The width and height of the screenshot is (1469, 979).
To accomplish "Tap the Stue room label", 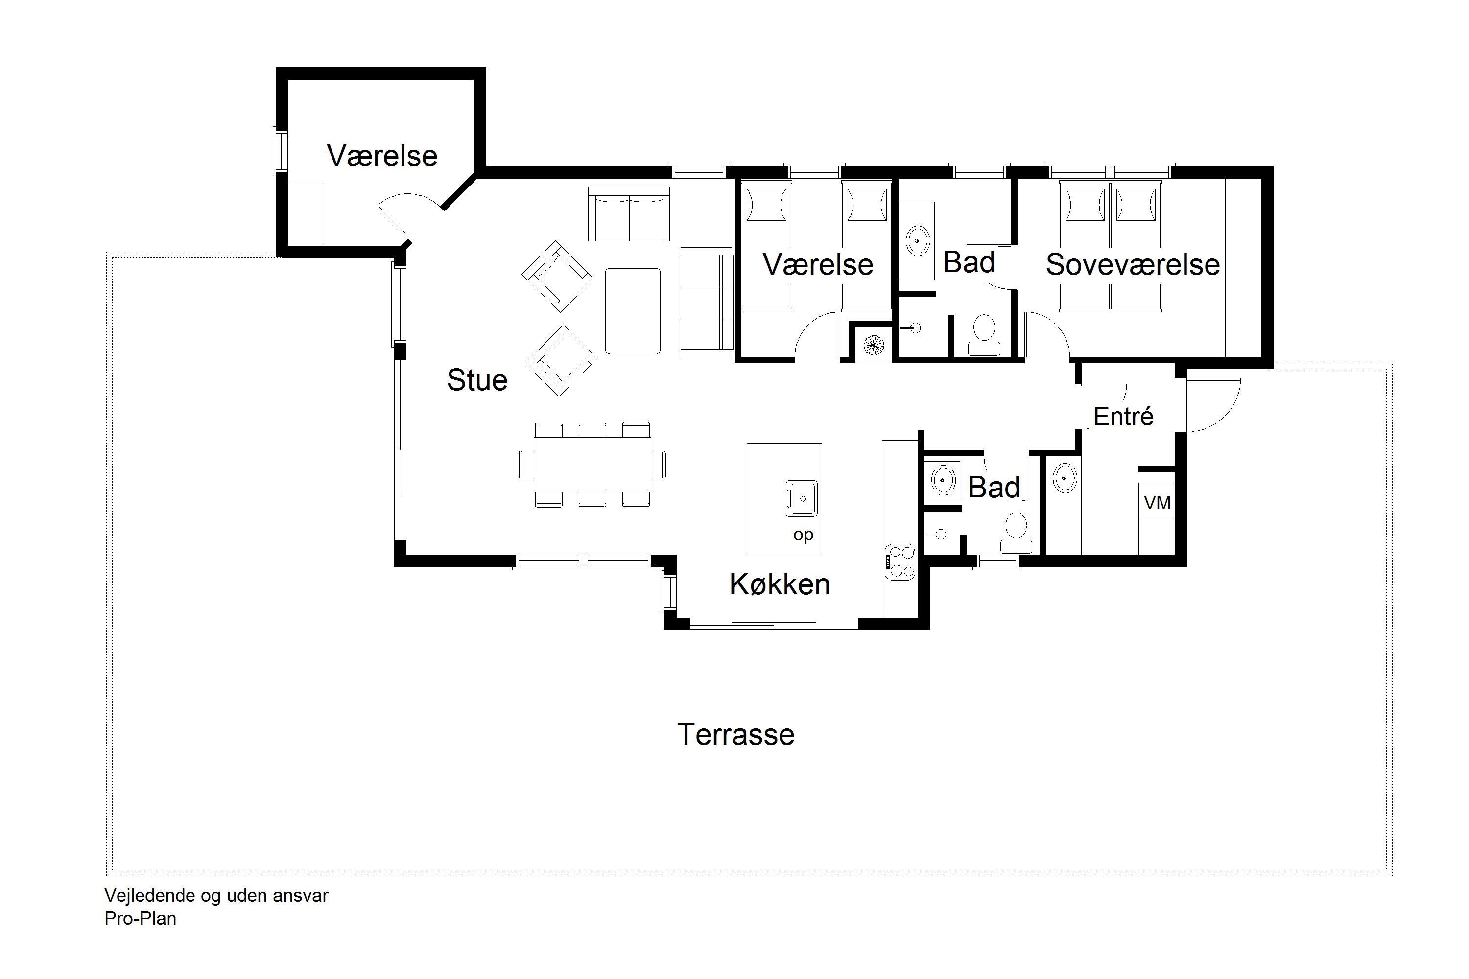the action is click(x=477, y=380).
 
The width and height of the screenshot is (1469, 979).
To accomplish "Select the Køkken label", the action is click(x=780, y=584).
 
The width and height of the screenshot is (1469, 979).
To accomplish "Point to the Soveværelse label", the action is click(x=1132, y=264).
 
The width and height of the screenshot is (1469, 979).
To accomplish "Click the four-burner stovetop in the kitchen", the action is click(x=900, y=562).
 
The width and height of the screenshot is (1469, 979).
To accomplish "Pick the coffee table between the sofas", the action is click(x=633, y=311).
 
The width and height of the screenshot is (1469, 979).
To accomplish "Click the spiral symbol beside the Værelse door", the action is click(x=874, y=344).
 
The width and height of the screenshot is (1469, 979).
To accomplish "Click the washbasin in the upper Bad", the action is click(x=918, y=240).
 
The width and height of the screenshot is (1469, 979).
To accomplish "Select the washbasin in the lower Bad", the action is click(x=942, y=480).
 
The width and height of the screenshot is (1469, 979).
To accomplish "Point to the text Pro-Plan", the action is click(x=141, y=918).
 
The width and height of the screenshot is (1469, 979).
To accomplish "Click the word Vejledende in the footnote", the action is click(x=150, y=895).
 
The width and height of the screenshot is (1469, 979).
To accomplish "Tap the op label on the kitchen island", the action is click(x=803, y=535).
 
